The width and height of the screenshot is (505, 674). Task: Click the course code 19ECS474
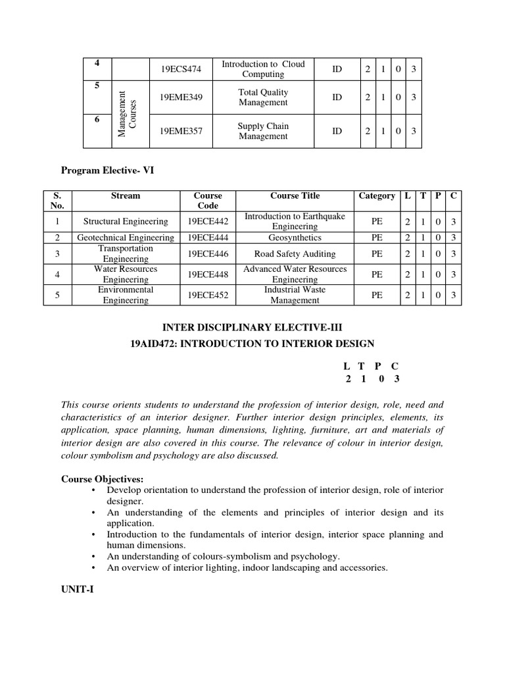(x=181, y=69)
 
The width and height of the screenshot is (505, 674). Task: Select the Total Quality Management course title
(x=263, y=97)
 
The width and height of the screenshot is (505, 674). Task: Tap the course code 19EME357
(x=181, y=131)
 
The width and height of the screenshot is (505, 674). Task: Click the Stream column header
(x=126, y=195)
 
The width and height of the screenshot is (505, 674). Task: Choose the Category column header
(x=377, y=195)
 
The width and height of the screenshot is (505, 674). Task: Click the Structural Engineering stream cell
(x=126, y=221)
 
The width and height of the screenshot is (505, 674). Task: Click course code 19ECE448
(x=208, y=274)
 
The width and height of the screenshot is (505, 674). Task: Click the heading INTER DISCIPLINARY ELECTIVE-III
(x=252, y=327)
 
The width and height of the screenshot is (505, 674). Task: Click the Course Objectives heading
(x=102, y=479)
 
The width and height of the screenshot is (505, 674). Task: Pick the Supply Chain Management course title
(x=263, y=131)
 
